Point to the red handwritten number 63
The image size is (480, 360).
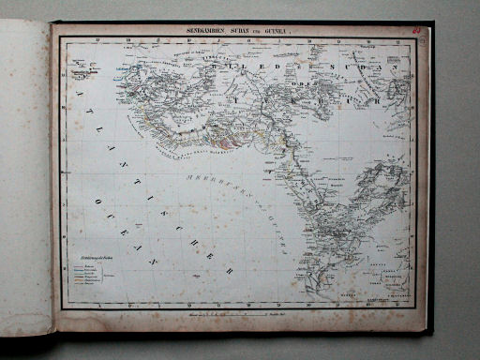click(x=415, y=30)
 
